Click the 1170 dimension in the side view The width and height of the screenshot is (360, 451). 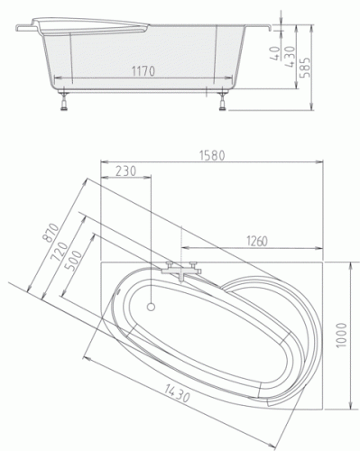(143, 71)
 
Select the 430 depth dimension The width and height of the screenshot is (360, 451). (290, 57)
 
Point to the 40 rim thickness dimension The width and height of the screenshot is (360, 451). (275, 53)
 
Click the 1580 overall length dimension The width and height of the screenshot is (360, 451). (212, 155)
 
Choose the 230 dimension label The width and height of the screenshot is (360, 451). (126, 170)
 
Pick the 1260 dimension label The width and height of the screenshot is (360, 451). (257, 241)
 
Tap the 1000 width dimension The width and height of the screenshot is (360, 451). (341, 336)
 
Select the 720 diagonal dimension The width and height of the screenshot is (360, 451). (60, 252)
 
